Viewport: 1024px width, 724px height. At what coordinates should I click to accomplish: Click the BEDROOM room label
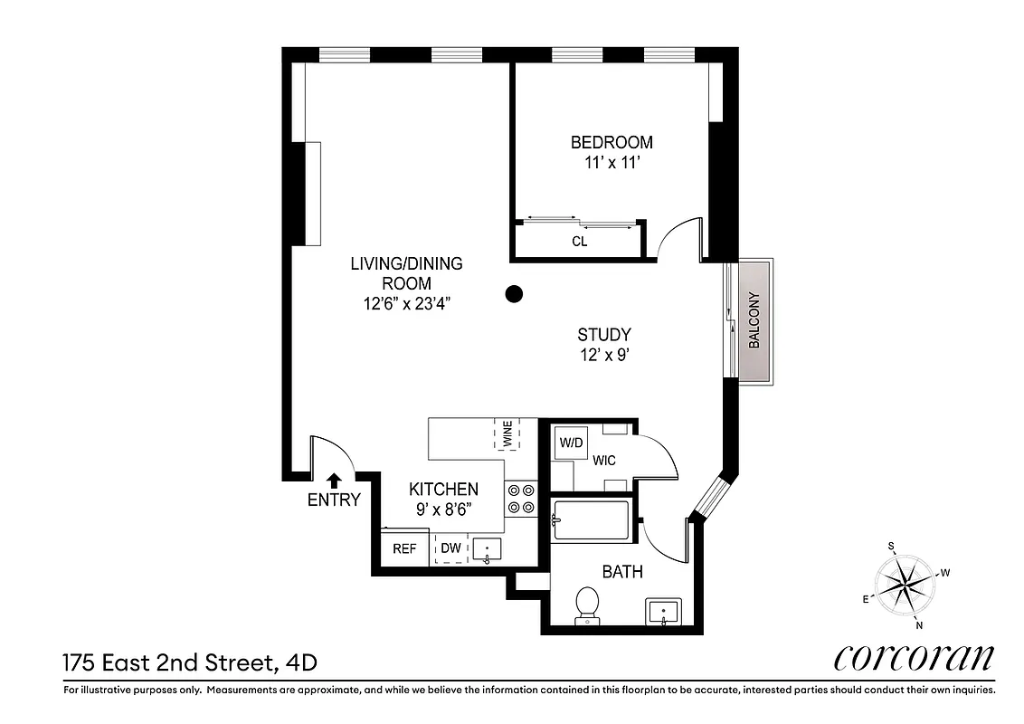[612, 142]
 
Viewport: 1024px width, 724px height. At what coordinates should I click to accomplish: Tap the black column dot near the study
[514, 293]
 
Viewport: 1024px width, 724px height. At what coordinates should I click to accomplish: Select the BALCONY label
[754, 321]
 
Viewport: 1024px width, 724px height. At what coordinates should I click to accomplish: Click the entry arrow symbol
[334, 481]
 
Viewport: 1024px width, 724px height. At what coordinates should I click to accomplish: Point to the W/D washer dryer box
[571, 443]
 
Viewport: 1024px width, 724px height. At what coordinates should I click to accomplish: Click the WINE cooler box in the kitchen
[507, 434]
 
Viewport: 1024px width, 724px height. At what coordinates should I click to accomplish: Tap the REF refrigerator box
[404, 548]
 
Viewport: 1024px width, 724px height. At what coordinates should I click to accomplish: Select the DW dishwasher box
[450, 548]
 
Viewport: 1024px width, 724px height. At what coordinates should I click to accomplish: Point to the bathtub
[591, 520]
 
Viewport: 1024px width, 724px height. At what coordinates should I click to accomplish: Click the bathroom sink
[665, 612]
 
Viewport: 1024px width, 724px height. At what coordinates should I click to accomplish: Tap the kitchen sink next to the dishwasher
[487, 549]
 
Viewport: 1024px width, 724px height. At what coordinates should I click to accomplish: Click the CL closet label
[580, 242]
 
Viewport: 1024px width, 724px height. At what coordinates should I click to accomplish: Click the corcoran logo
[914, 658]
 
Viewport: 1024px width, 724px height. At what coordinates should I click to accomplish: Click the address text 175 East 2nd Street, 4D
[190, 663]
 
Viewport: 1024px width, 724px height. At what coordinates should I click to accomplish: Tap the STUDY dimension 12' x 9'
[603, 356]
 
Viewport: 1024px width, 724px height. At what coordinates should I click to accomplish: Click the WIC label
[604, 461]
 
